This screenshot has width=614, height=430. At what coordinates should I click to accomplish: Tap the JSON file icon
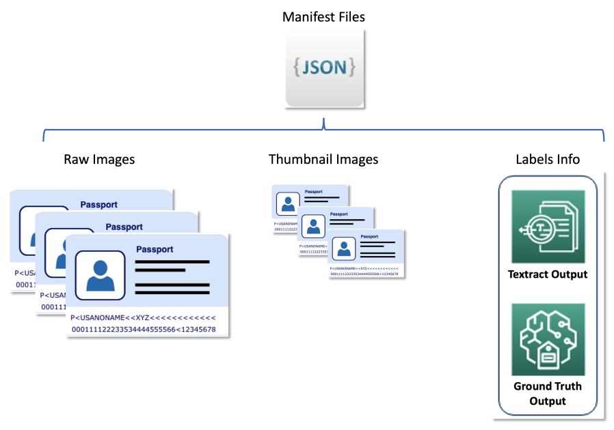[324, 68]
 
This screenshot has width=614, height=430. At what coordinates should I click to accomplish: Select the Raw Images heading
[99, 160]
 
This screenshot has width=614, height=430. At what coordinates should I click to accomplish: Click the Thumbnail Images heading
[323, 160]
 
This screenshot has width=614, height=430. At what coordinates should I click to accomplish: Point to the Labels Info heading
[548, 160]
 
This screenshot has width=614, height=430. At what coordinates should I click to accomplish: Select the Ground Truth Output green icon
[548, 339]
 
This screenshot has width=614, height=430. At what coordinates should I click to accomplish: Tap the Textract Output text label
[548, 274]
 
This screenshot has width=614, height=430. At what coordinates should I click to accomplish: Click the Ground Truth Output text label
[548, 393]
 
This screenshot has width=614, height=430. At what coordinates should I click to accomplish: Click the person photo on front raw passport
[100, 274]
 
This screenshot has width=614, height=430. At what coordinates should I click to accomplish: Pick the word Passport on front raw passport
[155, 249]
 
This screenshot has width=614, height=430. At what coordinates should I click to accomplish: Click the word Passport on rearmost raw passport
[99, 204]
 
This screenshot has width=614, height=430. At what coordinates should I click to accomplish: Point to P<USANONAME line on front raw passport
[144, 317]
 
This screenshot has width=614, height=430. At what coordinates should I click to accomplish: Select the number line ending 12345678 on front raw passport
[144, 330]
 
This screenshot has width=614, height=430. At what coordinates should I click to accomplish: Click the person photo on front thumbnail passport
[344, 248]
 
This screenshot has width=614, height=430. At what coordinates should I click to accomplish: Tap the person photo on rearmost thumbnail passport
[288, 203]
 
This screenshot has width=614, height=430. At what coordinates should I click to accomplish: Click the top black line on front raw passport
[172, 261]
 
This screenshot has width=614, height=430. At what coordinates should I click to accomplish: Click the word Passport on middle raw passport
[124, 227]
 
